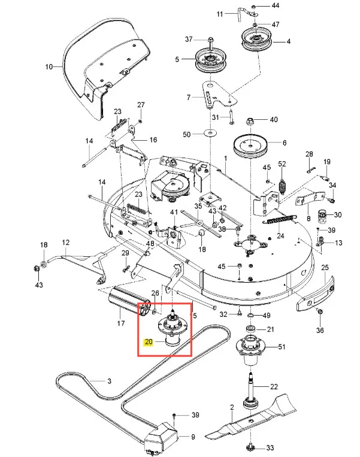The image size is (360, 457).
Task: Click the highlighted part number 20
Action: [x=149, y=342]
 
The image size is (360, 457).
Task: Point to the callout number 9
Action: [x=192, y=437]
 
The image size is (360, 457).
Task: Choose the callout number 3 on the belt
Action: [x=109, y=381]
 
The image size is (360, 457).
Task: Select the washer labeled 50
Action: [x=209, y=134]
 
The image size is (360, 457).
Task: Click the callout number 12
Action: [x=66, y=243]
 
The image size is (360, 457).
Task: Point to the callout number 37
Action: [x=189, y=40]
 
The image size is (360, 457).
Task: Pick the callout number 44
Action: [x=276, y=5]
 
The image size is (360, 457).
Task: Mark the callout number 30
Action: [x=338, y=214]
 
